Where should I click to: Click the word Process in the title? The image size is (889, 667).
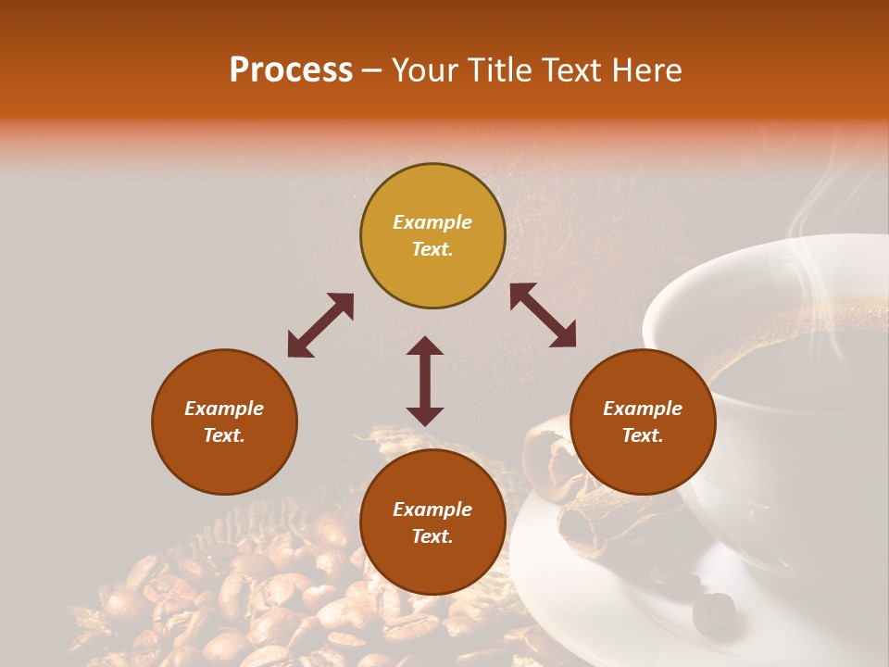pos(291,70)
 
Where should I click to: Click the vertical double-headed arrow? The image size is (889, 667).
pos(425,381)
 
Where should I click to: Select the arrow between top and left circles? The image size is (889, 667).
pos(320,325)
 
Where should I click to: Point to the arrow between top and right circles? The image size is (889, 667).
pos(543,316)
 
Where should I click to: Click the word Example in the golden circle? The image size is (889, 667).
pos(432,222)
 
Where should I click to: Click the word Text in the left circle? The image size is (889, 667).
pos(223,435)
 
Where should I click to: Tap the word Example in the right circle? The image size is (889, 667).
pos(643,409)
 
